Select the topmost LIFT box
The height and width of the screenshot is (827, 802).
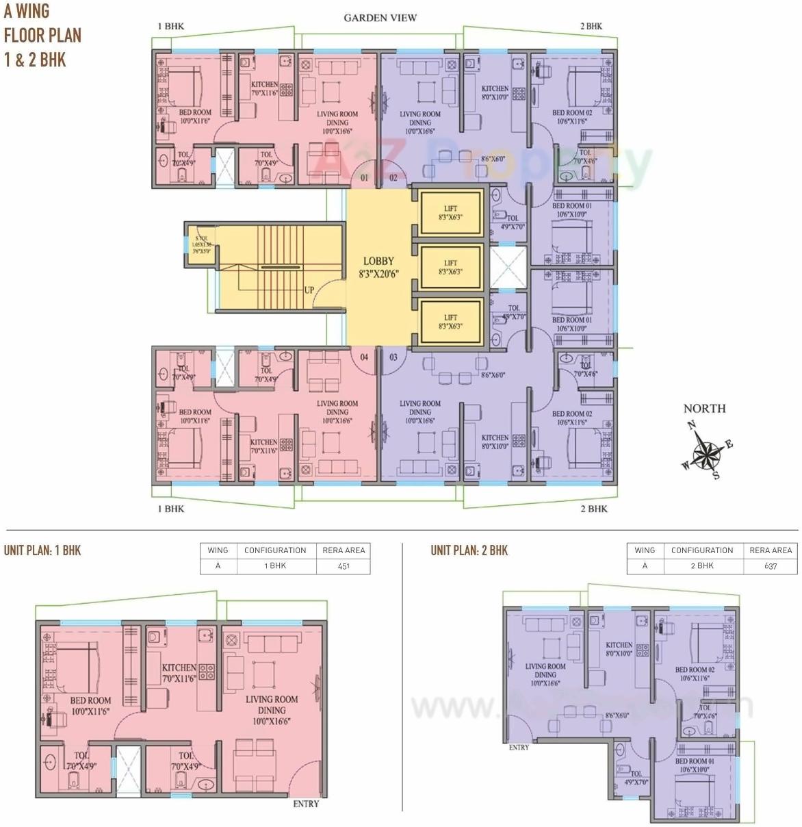pos(450,212)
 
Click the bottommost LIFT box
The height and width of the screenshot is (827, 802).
pos(450,322)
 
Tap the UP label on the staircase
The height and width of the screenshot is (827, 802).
pos(309,290)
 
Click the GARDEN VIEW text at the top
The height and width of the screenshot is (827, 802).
pos(380,18)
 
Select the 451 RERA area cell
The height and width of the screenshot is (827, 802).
pos(344,565)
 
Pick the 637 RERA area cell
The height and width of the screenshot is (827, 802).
pos(771,565)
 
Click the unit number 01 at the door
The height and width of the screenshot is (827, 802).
pos(364,178)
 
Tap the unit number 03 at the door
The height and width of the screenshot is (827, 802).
pos(393,357)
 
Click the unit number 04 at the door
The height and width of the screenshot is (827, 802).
pos(364,357)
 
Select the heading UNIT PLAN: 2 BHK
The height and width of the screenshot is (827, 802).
pos(469,550)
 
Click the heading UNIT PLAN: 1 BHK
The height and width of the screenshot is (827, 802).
pos(42,550)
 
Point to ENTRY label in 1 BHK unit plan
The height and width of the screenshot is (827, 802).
pos(306,804)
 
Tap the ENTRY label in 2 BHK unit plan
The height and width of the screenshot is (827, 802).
pos(519,748)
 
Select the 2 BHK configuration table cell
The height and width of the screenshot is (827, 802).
pos(702,565)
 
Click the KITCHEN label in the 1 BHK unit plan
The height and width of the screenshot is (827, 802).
pos(179,667)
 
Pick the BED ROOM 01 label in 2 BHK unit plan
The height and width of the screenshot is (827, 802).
pos(695,761)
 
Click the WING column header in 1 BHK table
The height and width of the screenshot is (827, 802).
pos(218,550)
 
